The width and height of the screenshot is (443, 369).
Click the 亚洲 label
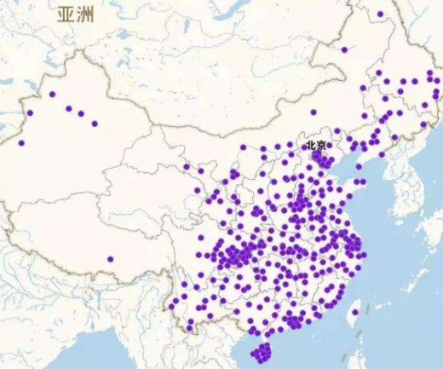(x=76, y=14)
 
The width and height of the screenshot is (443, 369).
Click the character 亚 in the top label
(x=66, y=14)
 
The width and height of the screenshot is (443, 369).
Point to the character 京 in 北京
(x=325, y=146)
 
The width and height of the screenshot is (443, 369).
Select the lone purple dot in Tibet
(x=110, y=259)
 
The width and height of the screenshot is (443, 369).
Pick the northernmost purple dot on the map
(x=380, y=14)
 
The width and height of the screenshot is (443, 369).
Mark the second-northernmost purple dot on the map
(x=344, y=49)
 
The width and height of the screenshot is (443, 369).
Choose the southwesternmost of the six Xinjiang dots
(x=22, y=143)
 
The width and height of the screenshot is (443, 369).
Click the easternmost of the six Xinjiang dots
(x=94, y=124)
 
